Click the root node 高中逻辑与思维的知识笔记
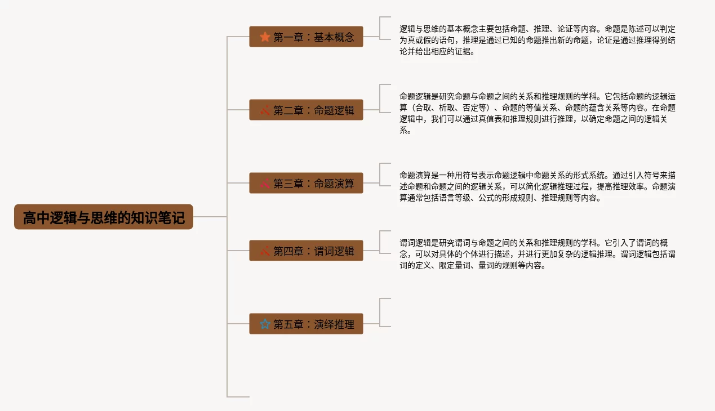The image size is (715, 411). (x=104, y=217)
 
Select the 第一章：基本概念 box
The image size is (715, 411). (x=306, y=37)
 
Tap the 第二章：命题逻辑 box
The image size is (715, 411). (x=306, y=110)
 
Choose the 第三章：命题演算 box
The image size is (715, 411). (x=306, y=183)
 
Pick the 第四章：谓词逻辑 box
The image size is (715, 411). (x=306, y=251)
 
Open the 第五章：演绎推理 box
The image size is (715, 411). (x=306, y=324)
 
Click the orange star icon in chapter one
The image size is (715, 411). (x=265, y=37)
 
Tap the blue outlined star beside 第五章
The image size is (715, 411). (x=265, y=324)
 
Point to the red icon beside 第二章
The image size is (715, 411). (x=265, y=110)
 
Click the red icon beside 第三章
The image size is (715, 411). (x=265, y=183)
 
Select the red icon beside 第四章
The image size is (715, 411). (x=265, y=251)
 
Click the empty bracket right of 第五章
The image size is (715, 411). (x=385, y=312)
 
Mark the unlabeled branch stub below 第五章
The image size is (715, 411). (x=238, y=396)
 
